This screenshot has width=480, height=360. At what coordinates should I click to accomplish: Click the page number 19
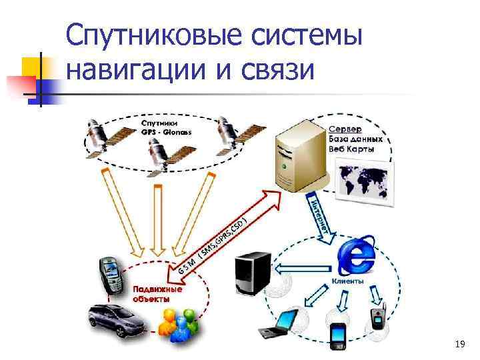459,344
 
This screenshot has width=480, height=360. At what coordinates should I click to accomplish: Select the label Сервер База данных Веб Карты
355,139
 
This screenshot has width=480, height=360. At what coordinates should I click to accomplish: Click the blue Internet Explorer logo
356,256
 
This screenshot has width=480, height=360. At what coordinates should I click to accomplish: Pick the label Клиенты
347,281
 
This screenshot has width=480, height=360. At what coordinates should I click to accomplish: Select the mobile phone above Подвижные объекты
111,273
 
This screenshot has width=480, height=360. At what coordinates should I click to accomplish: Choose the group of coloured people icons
179,326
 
